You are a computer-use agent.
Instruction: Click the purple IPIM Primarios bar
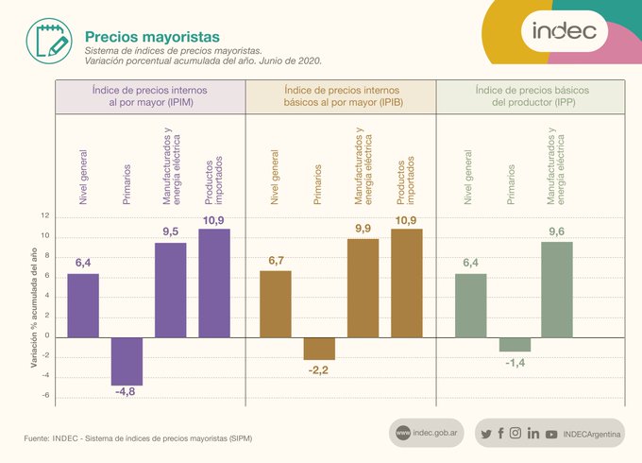click(x=127, y=361)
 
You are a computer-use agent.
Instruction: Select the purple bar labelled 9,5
click(x=171, y=289)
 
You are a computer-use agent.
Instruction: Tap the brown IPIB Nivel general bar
click(x=276, y=303)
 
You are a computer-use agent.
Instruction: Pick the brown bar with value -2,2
click(x=319, y=348)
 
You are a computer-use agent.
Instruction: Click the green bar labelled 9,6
click(x=557, y=289)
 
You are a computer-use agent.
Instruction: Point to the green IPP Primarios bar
click(x=515, y=344)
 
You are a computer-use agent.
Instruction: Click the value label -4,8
click(x=125, y=391)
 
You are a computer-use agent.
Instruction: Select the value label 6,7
click(x=275, y=261)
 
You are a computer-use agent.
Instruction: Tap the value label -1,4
click(x=515, y=363)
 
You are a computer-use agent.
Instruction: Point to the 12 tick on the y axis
click(x=44, y=216)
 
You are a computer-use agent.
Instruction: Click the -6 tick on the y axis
click(x=44, y=396)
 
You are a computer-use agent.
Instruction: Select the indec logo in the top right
click(x=564, y=30)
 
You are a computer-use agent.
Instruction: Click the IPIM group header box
click(x=150, y=96)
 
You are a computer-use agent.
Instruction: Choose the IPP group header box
click(x=531, y=96)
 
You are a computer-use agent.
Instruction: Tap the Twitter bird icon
click(x=485, y=434)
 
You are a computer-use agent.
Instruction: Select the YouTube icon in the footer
click(x=551, y=434)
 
